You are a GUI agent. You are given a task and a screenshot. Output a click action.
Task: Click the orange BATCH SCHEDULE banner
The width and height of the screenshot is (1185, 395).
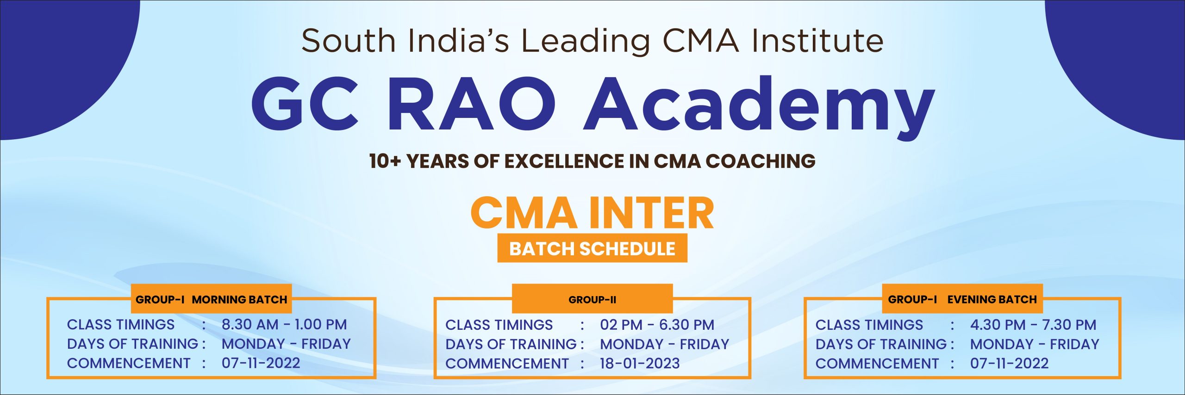point(592,248)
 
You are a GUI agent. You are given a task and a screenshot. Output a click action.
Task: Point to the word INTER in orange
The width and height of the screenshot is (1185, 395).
point(652,213)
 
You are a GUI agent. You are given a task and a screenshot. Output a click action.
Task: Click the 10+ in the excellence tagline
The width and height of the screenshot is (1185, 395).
point(385,161)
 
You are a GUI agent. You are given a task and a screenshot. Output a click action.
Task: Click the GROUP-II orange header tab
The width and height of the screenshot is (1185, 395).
point(592,299)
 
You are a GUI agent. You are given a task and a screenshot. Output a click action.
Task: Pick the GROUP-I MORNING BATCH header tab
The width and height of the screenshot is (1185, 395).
point(212,299)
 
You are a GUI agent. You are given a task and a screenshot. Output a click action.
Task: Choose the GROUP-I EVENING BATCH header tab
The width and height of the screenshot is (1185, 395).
point(962,299)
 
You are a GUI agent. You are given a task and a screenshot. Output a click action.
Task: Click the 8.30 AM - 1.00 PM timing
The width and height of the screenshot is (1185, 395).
point(284,324)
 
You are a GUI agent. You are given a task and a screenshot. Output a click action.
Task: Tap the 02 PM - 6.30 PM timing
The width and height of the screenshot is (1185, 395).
point(657,325)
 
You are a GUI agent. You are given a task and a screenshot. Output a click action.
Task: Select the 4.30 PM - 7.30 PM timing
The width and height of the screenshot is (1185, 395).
point(1033,325)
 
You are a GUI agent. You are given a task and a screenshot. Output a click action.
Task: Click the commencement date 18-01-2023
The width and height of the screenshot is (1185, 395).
point(640,363)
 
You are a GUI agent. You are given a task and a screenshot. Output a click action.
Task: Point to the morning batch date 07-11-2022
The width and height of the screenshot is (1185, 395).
point(261,363)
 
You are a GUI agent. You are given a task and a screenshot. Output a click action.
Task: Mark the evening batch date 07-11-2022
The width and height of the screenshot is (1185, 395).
point(1010,363)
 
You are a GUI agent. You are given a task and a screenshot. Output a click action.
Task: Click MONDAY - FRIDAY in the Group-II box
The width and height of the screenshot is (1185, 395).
point(665,344)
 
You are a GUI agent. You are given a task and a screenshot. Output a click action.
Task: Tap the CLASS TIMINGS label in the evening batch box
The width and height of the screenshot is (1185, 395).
point(869,325)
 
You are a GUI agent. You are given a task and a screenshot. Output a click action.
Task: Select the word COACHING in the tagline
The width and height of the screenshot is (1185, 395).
point(761,161)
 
